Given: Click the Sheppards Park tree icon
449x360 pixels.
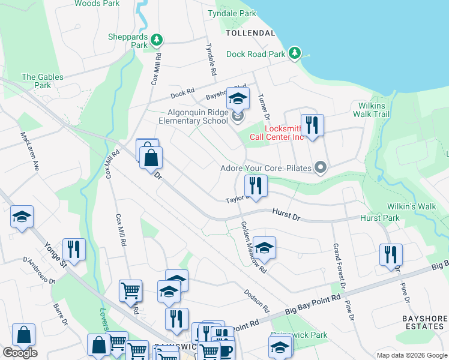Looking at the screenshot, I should [157, 40].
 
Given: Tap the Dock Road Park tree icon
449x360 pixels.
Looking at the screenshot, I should [295, 53].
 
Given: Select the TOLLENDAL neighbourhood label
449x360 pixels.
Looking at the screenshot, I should [250, 32].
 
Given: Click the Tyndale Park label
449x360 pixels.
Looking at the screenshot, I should [232, 13].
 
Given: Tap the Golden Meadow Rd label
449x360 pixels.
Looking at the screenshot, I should [253, 248].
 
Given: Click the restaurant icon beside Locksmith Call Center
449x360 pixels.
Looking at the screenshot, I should [312, 125].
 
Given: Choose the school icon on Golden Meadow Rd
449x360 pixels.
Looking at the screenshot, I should [264, 247].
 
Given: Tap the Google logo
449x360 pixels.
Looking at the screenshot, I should [20, 353].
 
